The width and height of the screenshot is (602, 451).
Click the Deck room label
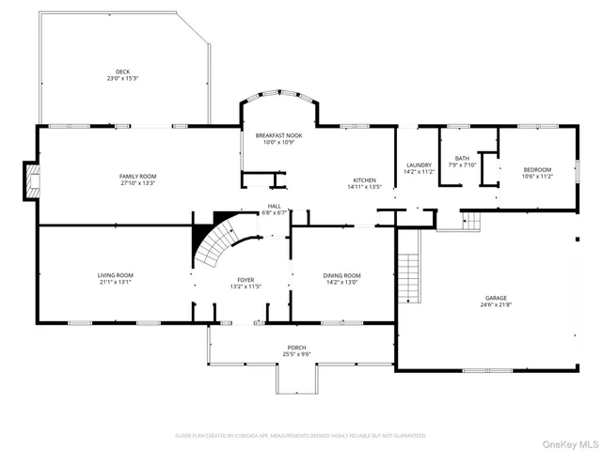pyautogui.click(x=122, y=71)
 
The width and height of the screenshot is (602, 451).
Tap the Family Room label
pyautogui.click(x=137, y=177)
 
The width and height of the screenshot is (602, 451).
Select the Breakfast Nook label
pyautogui.click(x=277, y=136)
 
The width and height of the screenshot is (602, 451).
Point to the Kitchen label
pyautogui.click(x=365, y=180)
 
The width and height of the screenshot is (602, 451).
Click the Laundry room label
pyautogui.click(x=418, y=164)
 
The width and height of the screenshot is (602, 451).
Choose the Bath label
pyautogui.click(x=462, y=158)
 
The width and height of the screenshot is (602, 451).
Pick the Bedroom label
pyautogui.click(x=538, y=170)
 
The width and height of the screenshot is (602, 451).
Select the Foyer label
pyautogui.click(x=244, y=278)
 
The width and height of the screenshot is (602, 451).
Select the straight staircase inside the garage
pyautogui.click(x=410, y=266)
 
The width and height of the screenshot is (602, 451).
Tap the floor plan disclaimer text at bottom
pyautogui.click(x=301, y=436)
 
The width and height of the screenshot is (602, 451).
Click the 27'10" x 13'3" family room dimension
pyautogui.click(x=137, y=183)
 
